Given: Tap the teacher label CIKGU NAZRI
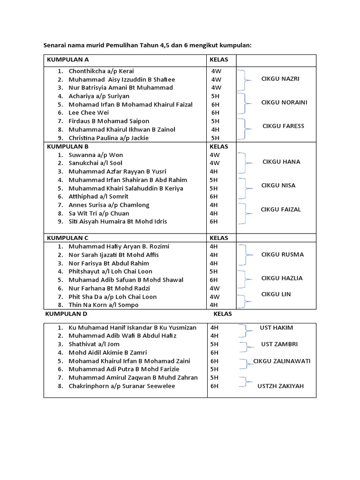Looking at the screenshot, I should [280, 79].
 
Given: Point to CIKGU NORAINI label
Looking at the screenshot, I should [284, 102].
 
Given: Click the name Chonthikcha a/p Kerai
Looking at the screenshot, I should [101, 71].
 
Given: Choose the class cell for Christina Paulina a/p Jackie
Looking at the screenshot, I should [215, 138].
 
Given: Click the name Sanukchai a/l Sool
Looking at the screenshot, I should [96, 163].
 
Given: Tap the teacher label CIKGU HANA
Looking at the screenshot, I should [281, 162].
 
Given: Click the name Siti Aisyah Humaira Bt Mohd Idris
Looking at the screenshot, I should [118, 221].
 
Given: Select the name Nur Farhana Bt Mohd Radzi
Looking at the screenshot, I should [106, 288].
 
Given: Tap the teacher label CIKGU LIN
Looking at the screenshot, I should [276, 294].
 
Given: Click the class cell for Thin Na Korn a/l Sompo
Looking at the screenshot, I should [214, 305].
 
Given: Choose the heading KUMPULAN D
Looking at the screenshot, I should [66, 314].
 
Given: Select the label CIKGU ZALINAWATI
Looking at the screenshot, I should [282, 361].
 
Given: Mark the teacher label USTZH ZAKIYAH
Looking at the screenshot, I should [280, 386].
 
